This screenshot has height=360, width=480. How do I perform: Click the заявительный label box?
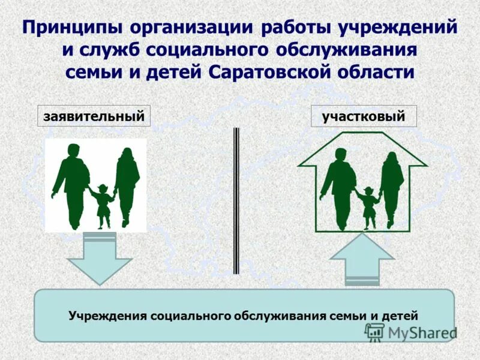[94, 116]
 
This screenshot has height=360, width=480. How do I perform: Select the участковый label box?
[364, 116]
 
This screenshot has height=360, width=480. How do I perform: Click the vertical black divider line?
[236, 201]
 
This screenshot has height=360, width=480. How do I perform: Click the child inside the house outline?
[368, 207]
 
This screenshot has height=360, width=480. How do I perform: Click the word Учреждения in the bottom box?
[107, 316]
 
